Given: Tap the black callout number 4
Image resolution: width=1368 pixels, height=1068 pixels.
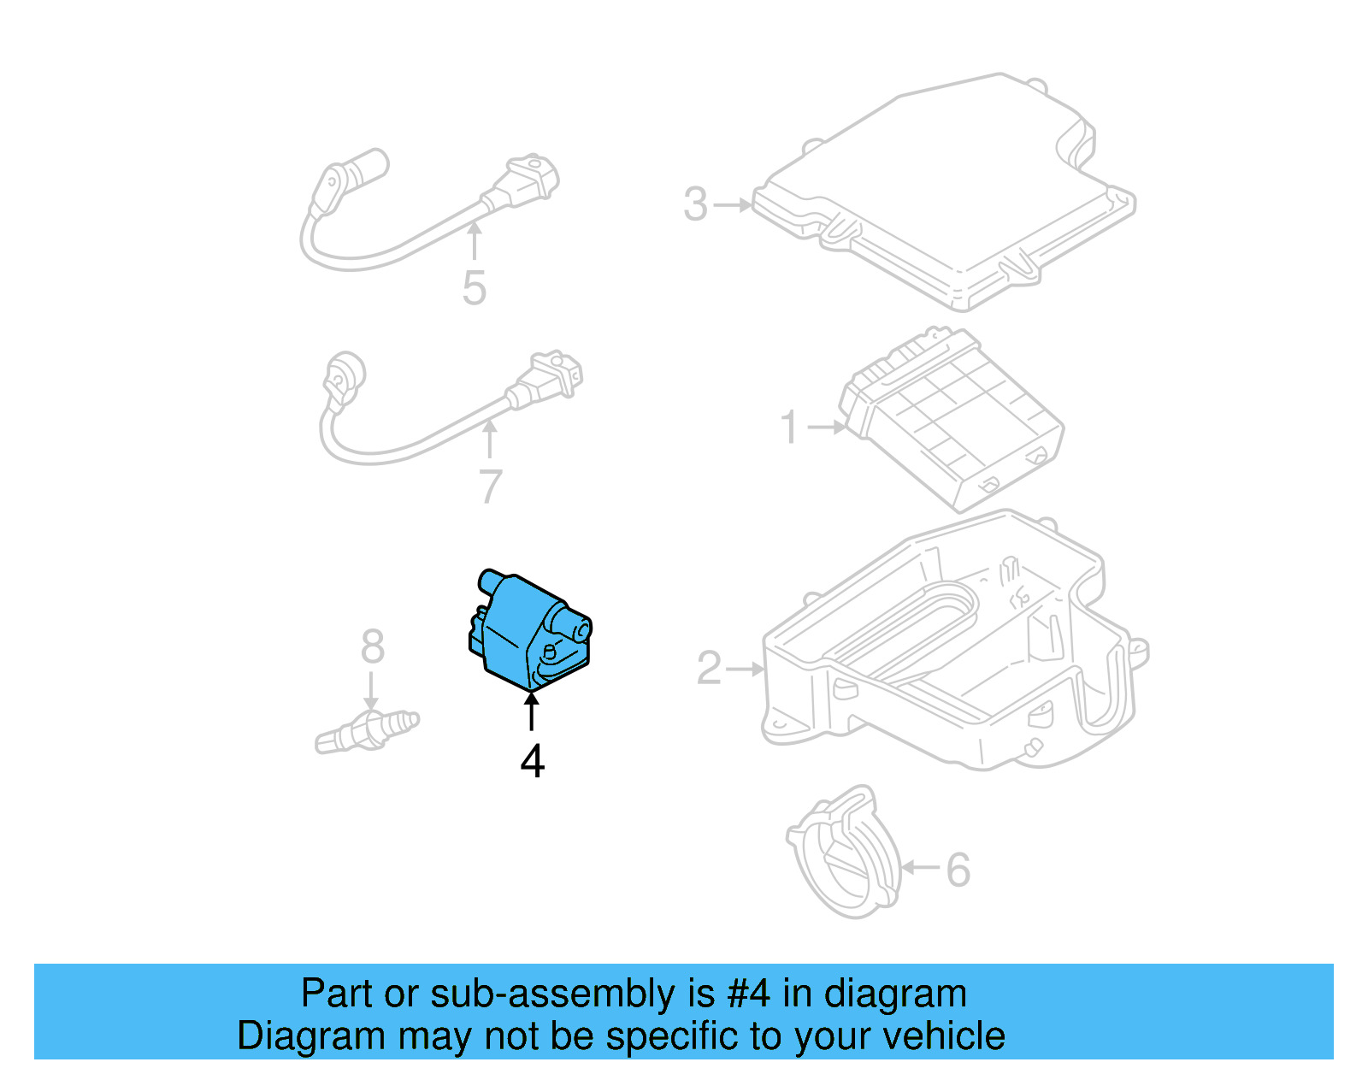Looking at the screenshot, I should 532,760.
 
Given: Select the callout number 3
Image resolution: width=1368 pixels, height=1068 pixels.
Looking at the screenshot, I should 696,205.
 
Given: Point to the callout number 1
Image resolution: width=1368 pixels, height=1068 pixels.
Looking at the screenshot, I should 790,427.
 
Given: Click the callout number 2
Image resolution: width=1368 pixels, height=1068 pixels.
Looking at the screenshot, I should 710,669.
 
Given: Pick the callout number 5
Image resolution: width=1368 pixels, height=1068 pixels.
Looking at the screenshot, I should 474,288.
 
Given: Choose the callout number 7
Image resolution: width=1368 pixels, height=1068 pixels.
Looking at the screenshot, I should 490,487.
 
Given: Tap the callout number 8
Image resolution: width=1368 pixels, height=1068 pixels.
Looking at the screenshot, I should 372,647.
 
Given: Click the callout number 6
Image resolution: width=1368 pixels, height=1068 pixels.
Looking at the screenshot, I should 958,870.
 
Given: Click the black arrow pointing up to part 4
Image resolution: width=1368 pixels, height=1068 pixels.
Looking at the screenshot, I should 532,711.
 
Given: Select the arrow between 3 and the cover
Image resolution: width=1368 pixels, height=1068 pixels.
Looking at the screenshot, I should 732,205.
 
